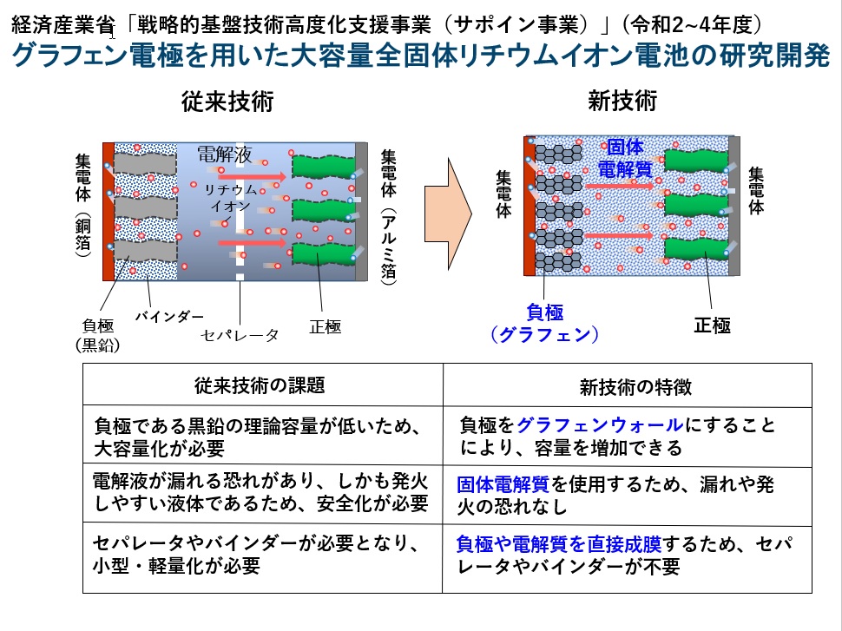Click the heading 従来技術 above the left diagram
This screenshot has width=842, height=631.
tap(227, 102)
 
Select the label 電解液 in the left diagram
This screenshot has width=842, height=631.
tap(224, 154)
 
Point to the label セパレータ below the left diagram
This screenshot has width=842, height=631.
tap(240, 333)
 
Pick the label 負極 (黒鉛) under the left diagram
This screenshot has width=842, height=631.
tap(96, 335)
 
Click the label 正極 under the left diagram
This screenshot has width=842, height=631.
tap(325, 327)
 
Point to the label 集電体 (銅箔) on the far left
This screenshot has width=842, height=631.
tap(83, 205)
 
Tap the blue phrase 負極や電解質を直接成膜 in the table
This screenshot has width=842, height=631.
tap(559, 545)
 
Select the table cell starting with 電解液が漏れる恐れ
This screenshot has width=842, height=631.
tap(260, 492)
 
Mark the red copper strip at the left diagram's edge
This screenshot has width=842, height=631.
tap(109, 211)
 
